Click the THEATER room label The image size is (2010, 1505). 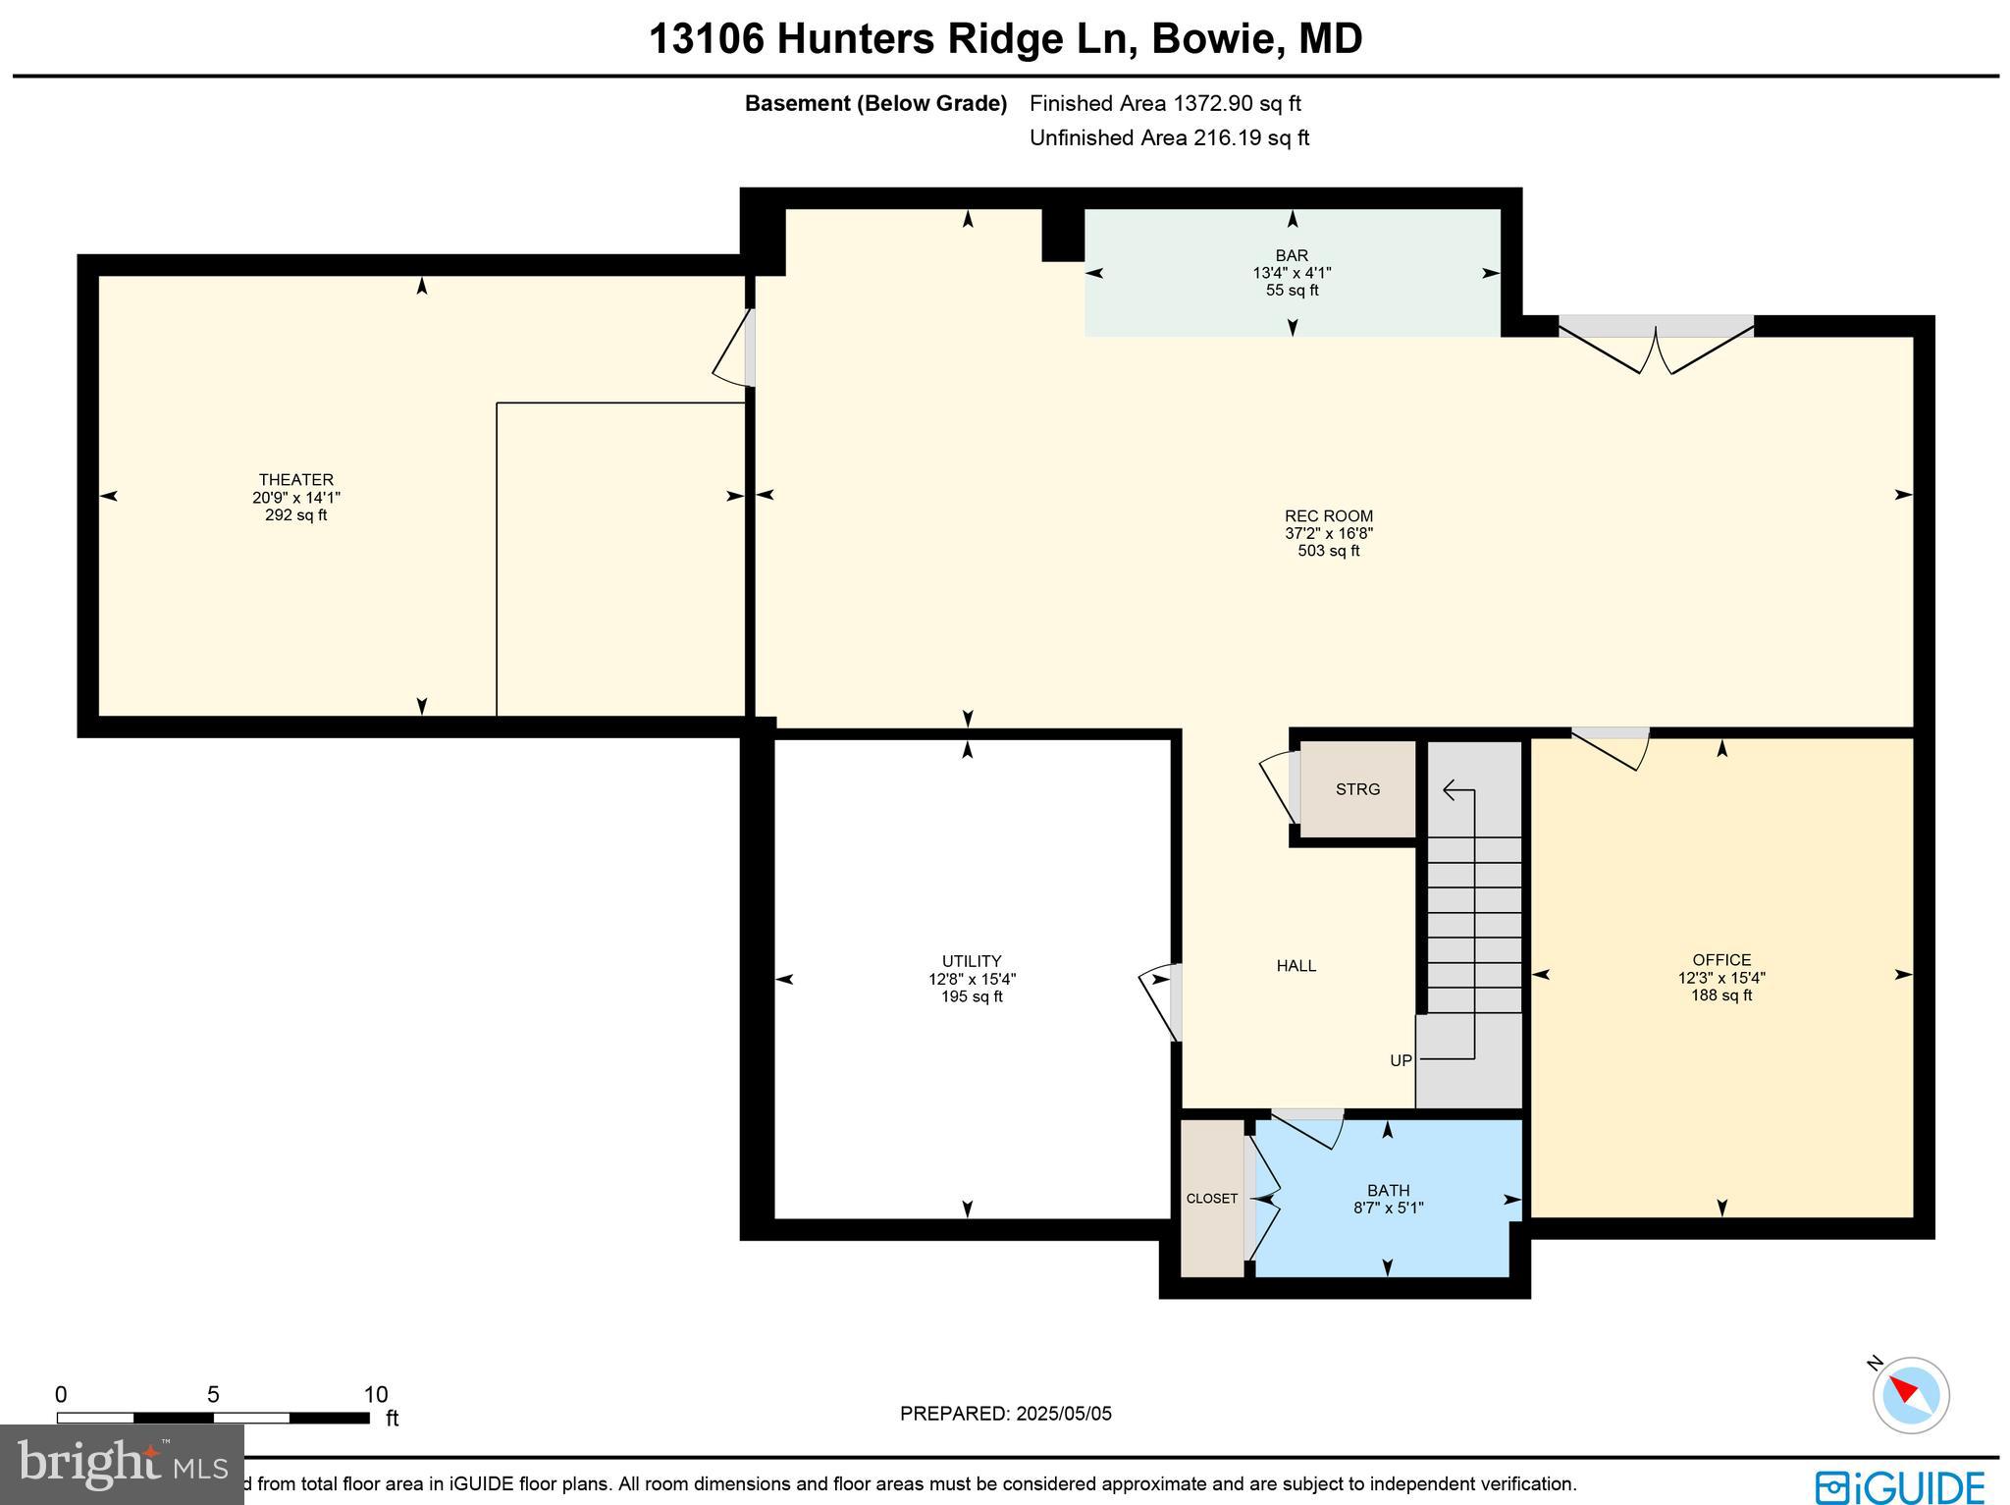295,480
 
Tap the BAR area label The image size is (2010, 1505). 1292,255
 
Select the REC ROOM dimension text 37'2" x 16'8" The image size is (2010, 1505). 1328,533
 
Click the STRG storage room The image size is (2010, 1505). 1357,789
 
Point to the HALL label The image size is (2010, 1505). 1296,966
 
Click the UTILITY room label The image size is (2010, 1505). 971,961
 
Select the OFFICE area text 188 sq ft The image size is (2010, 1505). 1720,995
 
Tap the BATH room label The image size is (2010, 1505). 1387,1191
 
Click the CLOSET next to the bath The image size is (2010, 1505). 1211,1199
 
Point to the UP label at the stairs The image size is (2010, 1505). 1401,1060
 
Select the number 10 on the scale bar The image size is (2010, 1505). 375,1395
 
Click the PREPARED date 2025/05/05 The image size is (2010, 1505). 1063,1414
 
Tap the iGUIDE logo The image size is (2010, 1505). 1899,1485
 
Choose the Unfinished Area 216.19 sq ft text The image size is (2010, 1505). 1169,137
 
